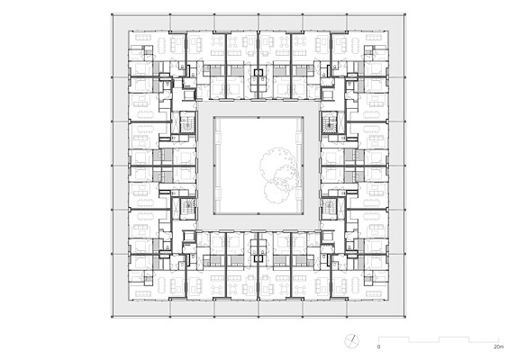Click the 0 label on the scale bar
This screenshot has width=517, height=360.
(378, 346)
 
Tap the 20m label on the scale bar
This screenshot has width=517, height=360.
(499, 346)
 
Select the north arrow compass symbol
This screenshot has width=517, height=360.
(352, 341)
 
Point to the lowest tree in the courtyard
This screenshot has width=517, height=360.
(277, 192)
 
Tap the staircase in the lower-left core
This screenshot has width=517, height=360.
(188, 207)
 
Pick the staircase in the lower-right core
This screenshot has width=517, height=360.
(329, 207)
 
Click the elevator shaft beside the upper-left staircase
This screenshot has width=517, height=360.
(175, 122)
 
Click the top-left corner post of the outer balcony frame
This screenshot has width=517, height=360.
(112, 14)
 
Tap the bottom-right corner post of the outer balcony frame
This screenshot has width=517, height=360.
(405, 317)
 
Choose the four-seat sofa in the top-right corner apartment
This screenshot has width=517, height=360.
(374, 37)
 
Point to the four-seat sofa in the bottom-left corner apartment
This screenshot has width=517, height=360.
(143, 293)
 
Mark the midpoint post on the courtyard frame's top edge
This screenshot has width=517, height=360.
(258, 117)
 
